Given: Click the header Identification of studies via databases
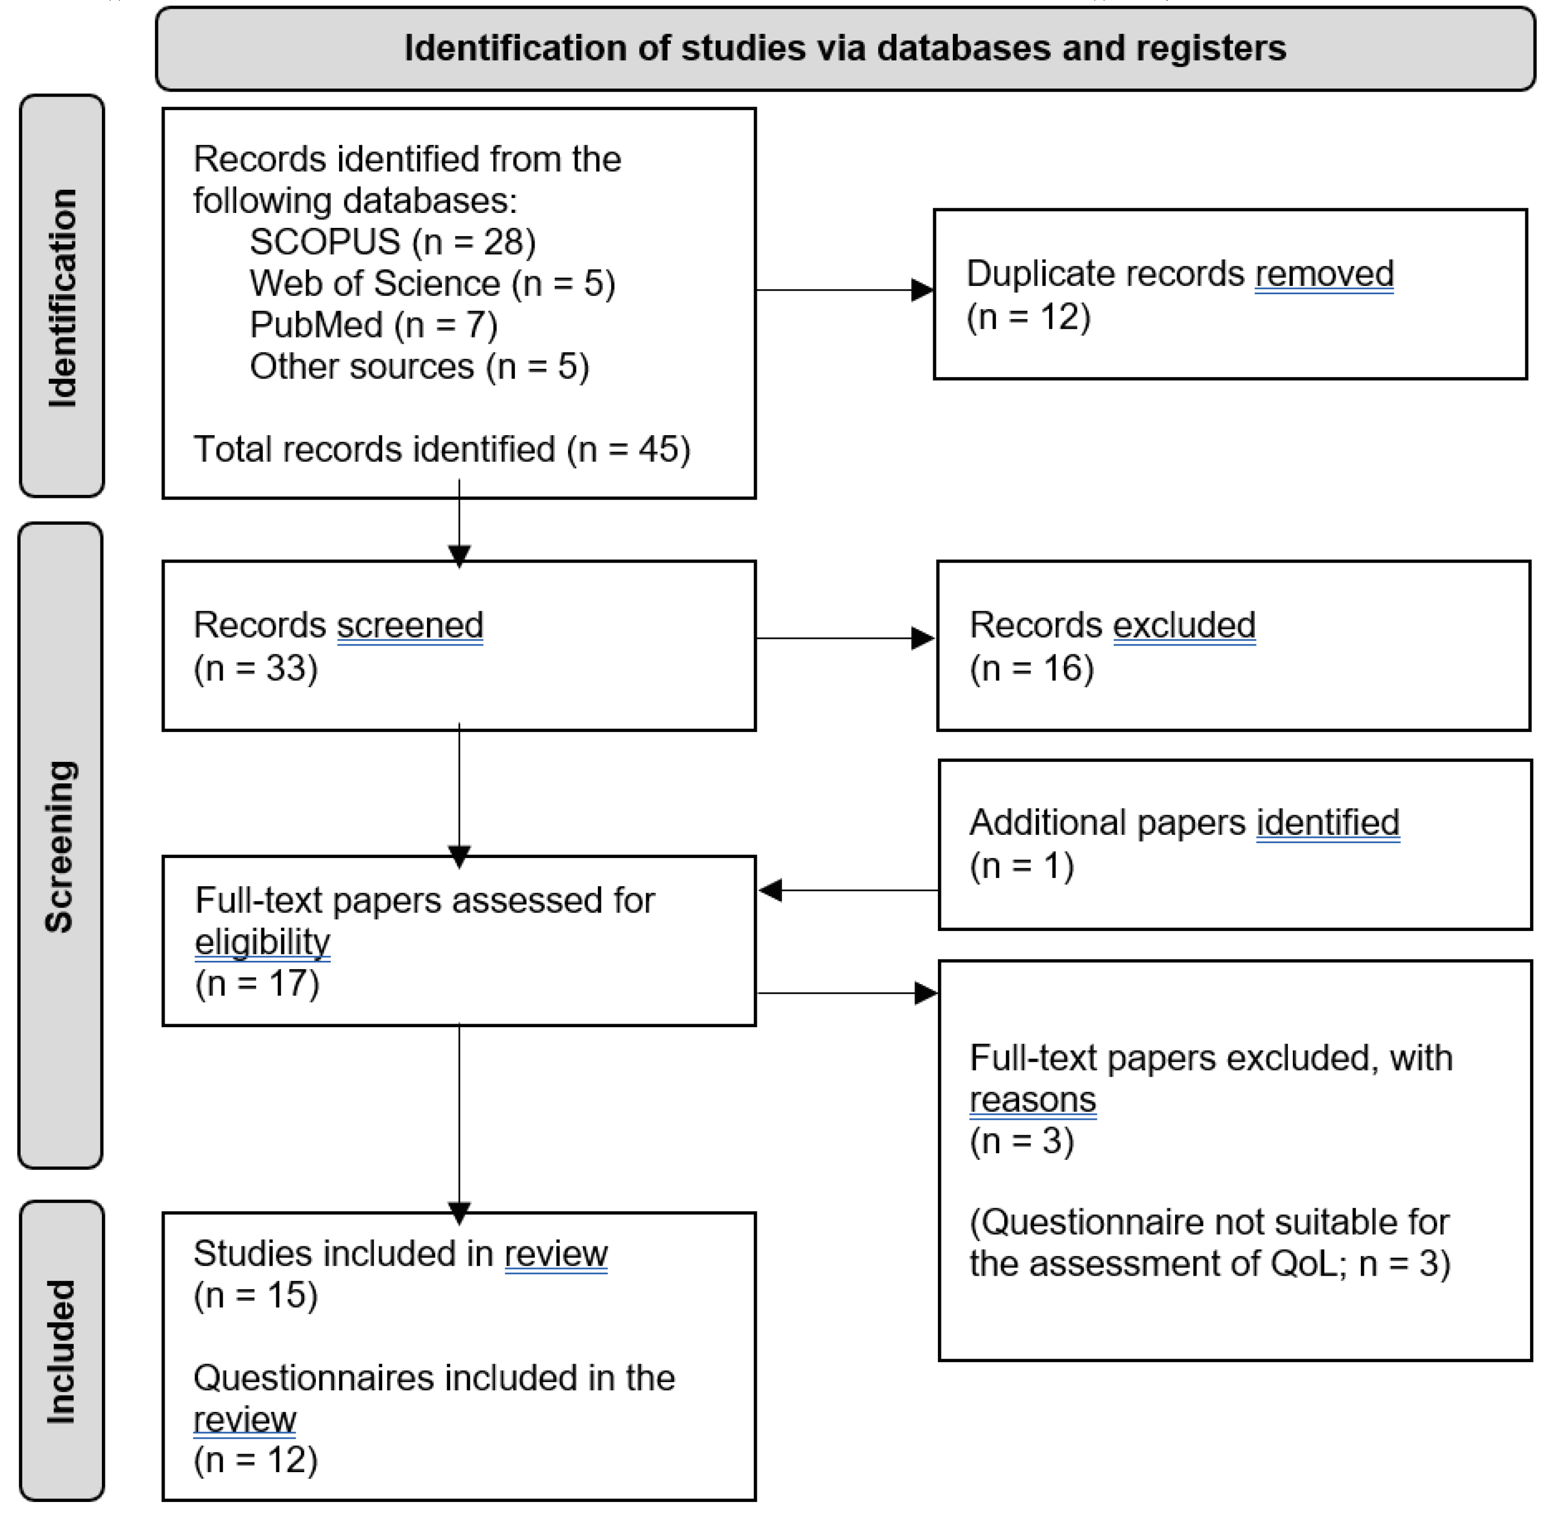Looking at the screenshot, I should pos(845,49).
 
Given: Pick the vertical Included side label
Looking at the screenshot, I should pos(61,1351).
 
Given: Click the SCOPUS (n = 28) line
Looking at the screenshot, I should pos(392,242).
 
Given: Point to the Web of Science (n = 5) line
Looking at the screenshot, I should pos(432,283).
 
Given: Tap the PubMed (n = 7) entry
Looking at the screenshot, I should pos(374,325).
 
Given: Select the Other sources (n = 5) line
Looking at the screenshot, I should pos(419,366).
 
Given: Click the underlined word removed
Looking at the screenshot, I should pos(1323,274).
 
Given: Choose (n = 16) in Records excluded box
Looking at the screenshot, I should pos(1031,668).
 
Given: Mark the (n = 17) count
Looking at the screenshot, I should pos(257,983).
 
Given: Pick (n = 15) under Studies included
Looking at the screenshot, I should pos(256,1295).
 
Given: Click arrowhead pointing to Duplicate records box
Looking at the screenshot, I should pos(921,290).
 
